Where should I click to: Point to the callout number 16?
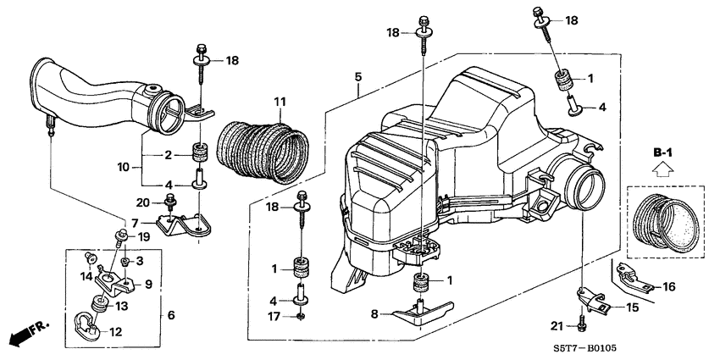pos(669,287)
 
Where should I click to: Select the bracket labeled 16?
pos(634,275)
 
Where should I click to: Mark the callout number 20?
pos(142,202)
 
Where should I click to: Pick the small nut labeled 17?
pos(302,316)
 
